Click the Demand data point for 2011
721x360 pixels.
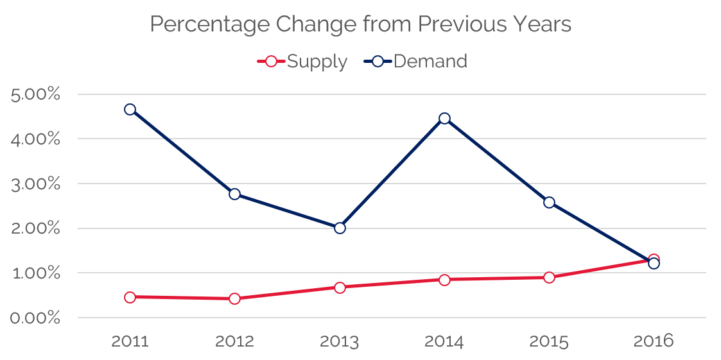click(x=130, y=109)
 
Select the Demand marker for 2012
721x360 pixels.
click(x=234, y=194)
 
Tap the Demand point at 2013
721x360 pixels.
click(x=340, y=228)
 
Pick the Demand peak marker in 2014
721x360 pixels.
click(x=444, y=118)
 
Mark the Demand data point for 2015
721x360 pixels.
click(x=549, y=202)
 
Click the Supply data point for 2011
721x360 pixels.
click(x=130, y=297)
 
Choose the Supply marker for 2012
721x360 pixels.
click(x=234, y=298)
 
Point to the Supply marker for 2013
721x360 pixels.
click(x=340, y=287)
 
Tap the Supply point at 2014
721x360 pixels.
click(x=444, y=279)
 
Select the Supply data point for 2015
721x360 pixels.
click(x=549, y=277)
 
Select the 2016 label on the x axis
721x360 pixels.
click(x=654, y=341)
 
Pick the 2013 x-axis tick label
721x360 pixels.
click(x=340, y=341)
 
